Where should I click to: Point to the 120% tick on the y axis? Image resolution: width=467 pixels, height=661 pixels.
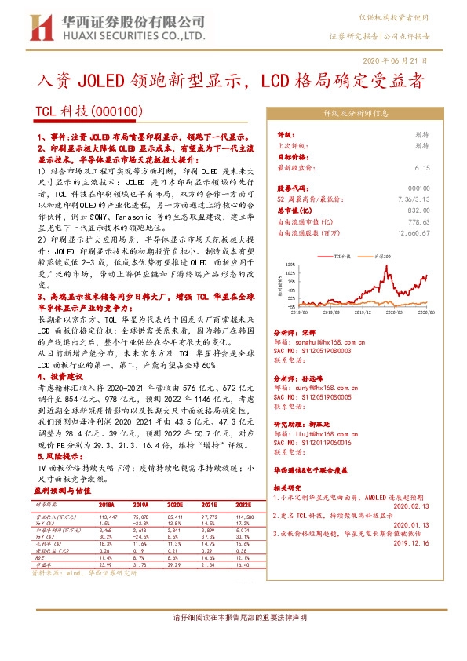(x=287, y=263)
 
